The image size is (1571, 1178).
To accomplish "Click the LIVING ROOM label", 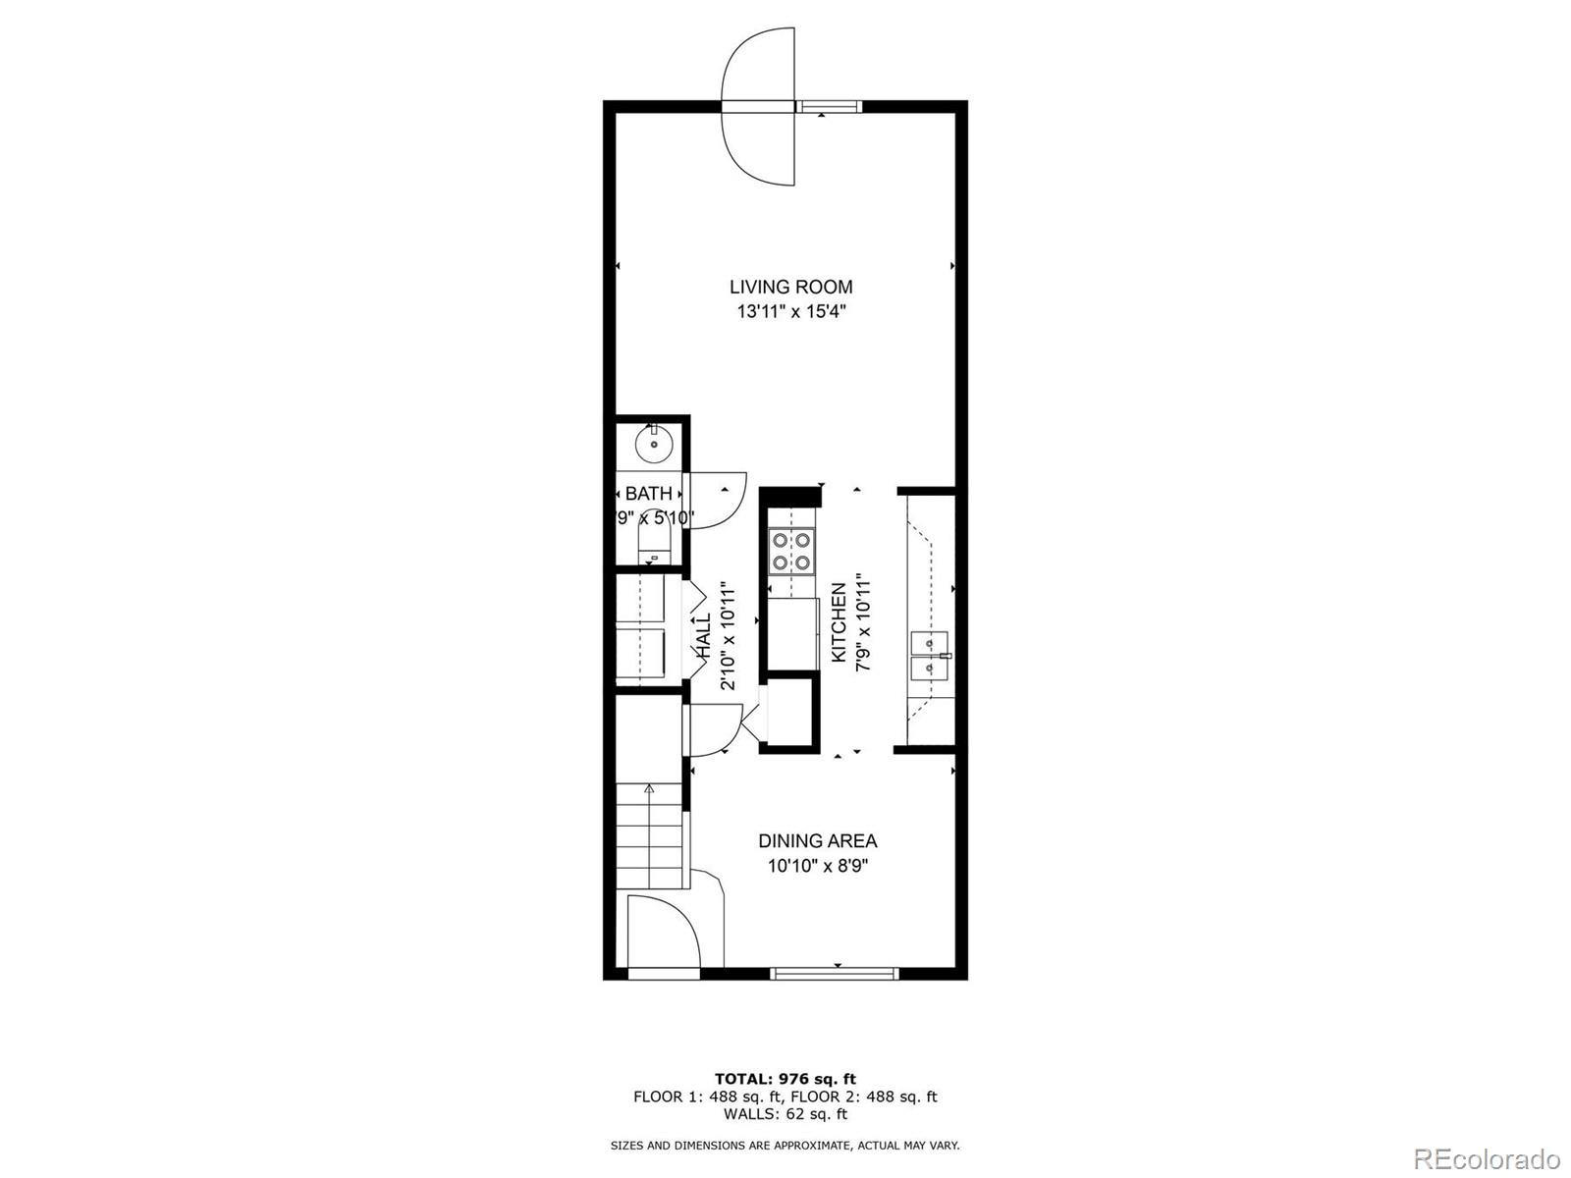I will tap(790, 287).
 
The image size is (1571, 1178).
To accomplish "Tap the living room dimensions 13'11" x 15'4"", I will tap(790, 312).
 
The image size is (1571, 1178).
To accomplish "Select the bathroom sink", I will tap(654, 445).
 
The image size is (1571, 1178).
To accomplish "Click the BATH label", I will tap(649, 494).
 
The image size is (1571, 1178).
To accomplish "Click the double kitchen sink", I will tap(929, 656).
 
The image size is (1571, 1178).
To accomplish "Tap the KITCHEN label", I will tap(840, 622).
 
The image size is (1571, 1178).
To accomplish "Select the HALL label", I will tap(704, 636).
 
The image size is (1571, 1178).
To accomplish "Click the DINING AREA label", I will tap(817, 841).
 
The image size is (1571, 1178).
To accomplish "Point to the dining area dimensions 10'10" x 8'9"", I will tap(817, 866).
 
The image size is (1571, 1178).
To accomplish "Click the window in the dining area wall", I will tap(835, 974).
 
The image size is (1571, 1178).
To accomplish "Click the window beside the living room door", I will tap(828, 106).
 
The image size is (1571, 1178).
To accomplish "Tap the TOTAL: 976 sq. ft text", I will tap(785, 1079).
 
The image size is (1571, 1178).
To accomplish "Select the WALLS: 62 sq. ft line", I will tap(785, 1114).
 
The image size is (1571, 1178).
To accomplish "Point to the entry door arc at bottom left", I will tap(662, 933).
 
